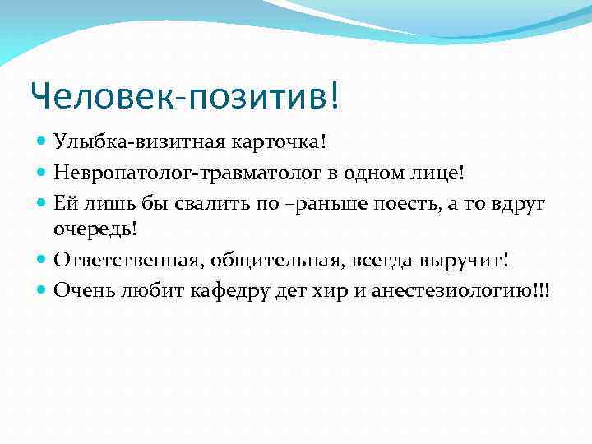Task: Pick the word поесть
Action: tap(400, 202)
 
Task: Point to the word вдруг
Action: tap(522, 202)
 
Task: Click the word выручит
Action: tap(466, 259)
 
